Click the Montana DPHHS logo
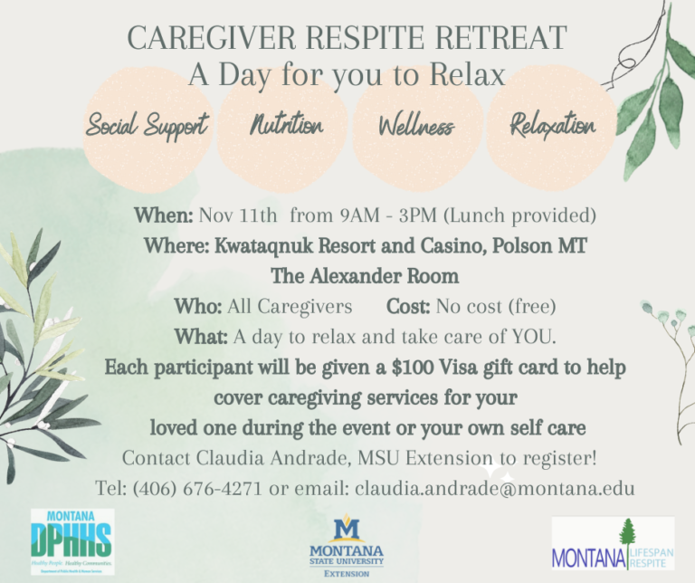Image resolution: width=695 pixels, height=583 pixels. point(72,542)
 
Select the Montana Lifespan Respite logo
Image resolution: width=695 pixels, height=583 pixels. point(613,544)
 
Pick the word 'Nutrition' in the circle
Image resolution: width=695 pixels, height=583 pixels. point(286,125)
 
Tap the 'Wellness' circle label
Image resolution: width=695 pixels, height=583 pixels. point(416,126)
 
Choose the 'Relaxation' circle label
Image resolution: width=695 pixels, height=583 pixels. point(552,125)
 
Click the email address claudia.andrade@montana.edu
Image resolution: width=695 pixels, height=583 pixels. point(494,488)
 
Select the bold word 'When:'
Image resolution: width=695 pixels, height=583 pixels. point(164,216)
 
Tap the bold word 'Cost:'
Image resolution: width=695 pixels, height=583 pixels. point(409,306)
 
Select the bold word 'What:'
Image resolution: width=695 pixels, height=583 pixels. point(201,337)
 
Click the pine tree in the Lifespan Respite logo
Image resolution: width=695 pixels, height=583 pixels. point(624,542)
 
